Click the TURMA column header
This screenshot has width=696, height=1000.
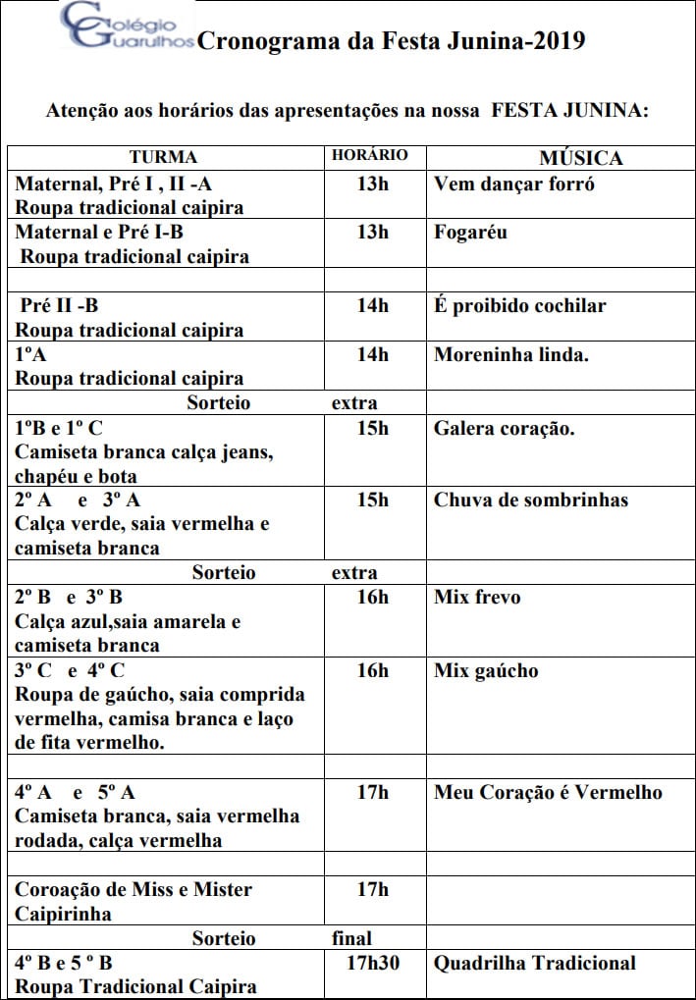tap(163, 157)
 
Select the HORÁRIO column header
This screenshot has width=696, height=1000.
tap(369, 155)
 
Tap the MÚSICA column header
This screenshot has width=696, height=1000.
tap(580, 158)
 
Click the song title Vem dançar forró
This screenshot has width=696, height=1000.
tap(513, 184)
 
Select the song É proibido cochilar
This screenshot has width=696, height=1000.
tap(519, 305)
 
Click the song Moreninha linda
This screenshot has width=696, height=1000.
tap(510, 354)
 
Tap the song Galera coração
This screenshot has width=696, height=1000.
tap(505, 428)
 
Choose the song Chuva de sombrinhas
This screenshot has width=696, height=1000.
tap(530, 500)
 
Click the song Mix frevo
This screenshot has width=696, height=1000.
tap(477, 597)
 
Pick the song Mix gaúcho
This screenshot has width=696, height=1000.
tap(486, 671)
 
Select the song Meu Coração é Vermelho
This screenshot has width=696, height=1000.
tap(548, 792)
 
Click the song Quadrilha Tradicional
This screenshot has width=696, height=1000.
tap(534, 963)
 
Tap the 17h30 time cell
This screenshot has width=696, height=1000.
tap(372, 963)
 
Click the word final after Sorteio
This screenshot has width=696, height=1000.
tap(351, 938)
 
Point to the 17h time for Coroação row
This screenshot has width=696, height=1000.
tap(372, 889)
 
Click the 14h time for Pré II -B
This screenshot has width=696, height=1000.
tap(372, 305)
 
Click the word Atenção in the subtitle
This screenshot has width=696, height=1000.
tap(81, 111)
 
